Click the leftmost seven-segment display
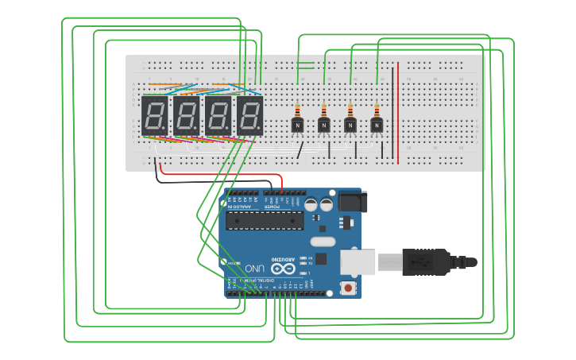click(x=154, y=115)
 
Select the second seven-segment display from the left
click(x=187, y=115)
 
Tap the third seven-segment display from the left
click(x=218, y=115)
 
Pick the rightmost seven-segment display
click(x=249, y=115)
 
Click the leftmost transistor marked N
click(x=297, y=125)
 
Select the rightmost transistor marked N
click(x=377, y=125)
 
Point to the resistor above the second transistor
click(x=323, y=110)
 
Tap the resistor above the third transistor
click(x=350, y=110)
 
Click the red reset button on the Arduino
click(x=347, y=287)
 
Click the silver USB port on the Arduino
click(x=357, y=261)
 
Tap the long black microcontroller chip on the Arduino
click(x=264, y=220)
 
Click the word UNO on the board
click(x=254, y=268)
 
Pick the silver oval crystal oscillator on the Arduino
click(x=322, y=242)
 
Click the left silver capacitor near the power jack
click(x=311, y=204)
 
